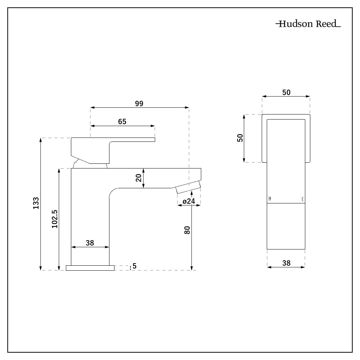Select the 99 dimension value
click(x=139, y=103)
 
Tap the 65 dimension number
click(x=122, y=122)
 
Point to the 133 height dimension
click(x=36, y=204)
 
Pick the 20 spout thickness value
click(x=139, y=178)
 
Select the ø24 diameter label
click(x=189, y=201)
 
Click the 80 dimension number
click(x=187, y=230)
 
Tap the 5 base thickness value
click(x=134, y=266)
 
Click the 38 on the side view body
click(x=90, y=243)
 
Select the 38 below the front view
click(x=286, y=263)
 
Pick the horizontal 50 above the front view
click(x=286, y=93)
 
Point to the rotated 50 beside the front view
click(x=240, y=138)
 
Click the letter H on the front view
click(x=270, y=199)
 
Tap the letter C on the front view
click(x=302, y=199)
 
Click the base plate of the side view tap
click(x=90, y=267)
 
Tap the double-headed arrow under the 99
click(x=139, y=107)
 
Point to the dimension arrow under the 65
click(x=122, y=126)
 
